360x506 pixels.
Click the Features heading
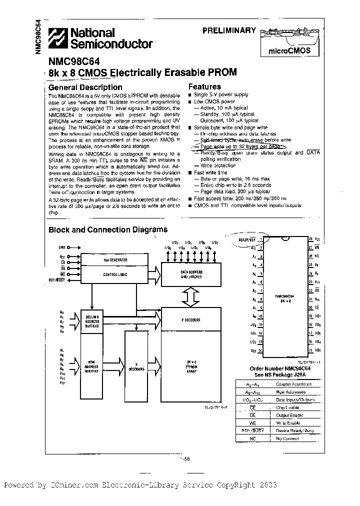coord(204,86)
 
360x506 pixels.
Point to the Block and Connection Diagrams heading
coord(107,230)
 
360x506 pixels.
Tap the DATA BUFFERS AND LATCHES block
coord(190,274)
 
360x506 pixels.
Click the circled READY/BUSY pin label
coord(246,240)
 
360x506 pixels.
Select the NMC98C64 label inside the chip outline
coord(286,298)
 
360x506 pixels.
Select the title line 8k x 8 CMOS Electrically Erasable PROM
coord(142,72)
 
